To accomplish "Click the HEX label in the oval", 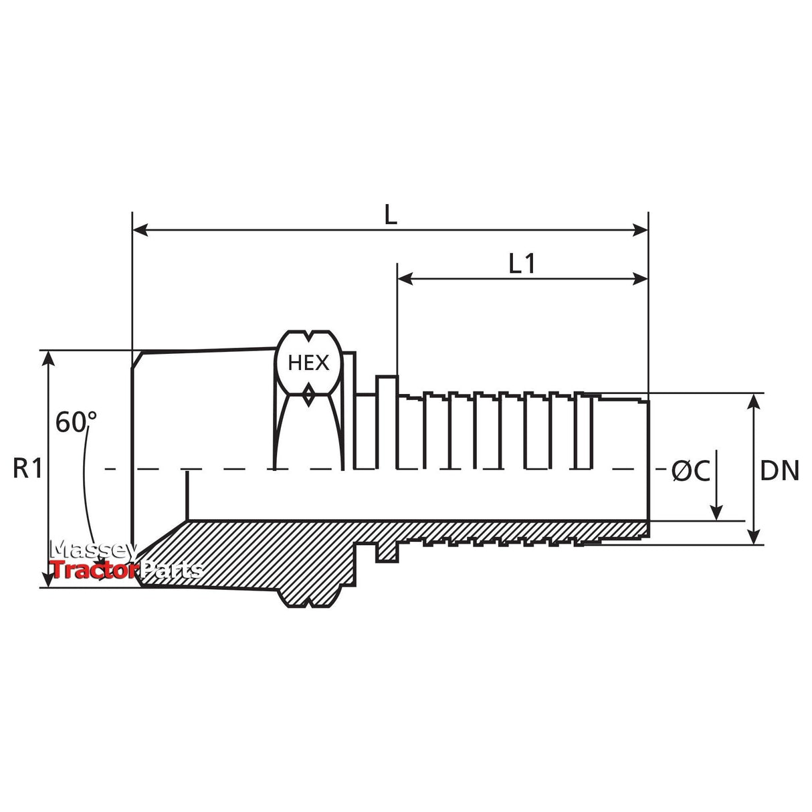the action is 308,363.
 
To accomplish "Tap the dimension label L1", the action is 522,264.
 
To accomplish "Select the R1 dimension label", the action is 28,469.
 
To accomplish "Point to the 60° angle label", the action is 76,422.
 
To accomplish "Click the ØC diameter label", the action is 691,471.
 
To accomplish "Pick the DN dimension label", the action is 779,471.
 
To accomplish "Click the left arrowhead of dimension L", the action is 140,230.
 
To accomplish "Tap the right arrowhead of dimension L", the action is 640,230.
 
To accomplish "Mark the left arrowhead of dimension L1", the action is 405,278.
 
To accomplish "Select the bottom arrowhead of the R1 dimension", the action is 49,579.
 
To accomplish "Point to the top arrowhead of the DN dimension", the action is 753,401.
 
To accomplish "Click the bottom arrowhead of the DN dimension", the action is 753,537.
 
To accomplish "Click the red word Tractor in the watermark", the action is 94,571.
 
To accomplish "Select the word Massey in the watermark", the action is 94,550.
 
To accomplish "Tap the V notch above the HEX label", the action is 308,336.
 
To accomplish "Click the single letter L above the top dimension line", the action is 391,216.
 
